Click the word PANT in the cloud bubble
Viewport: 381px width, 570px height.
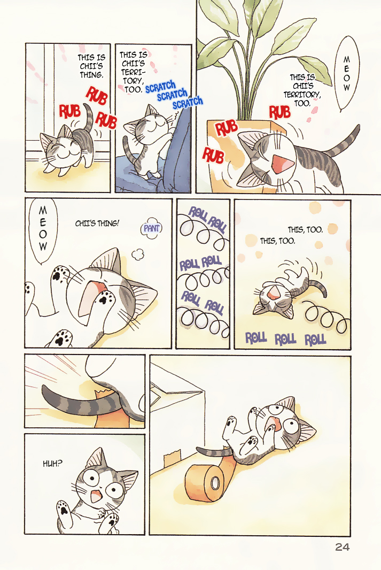point(151,228)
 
